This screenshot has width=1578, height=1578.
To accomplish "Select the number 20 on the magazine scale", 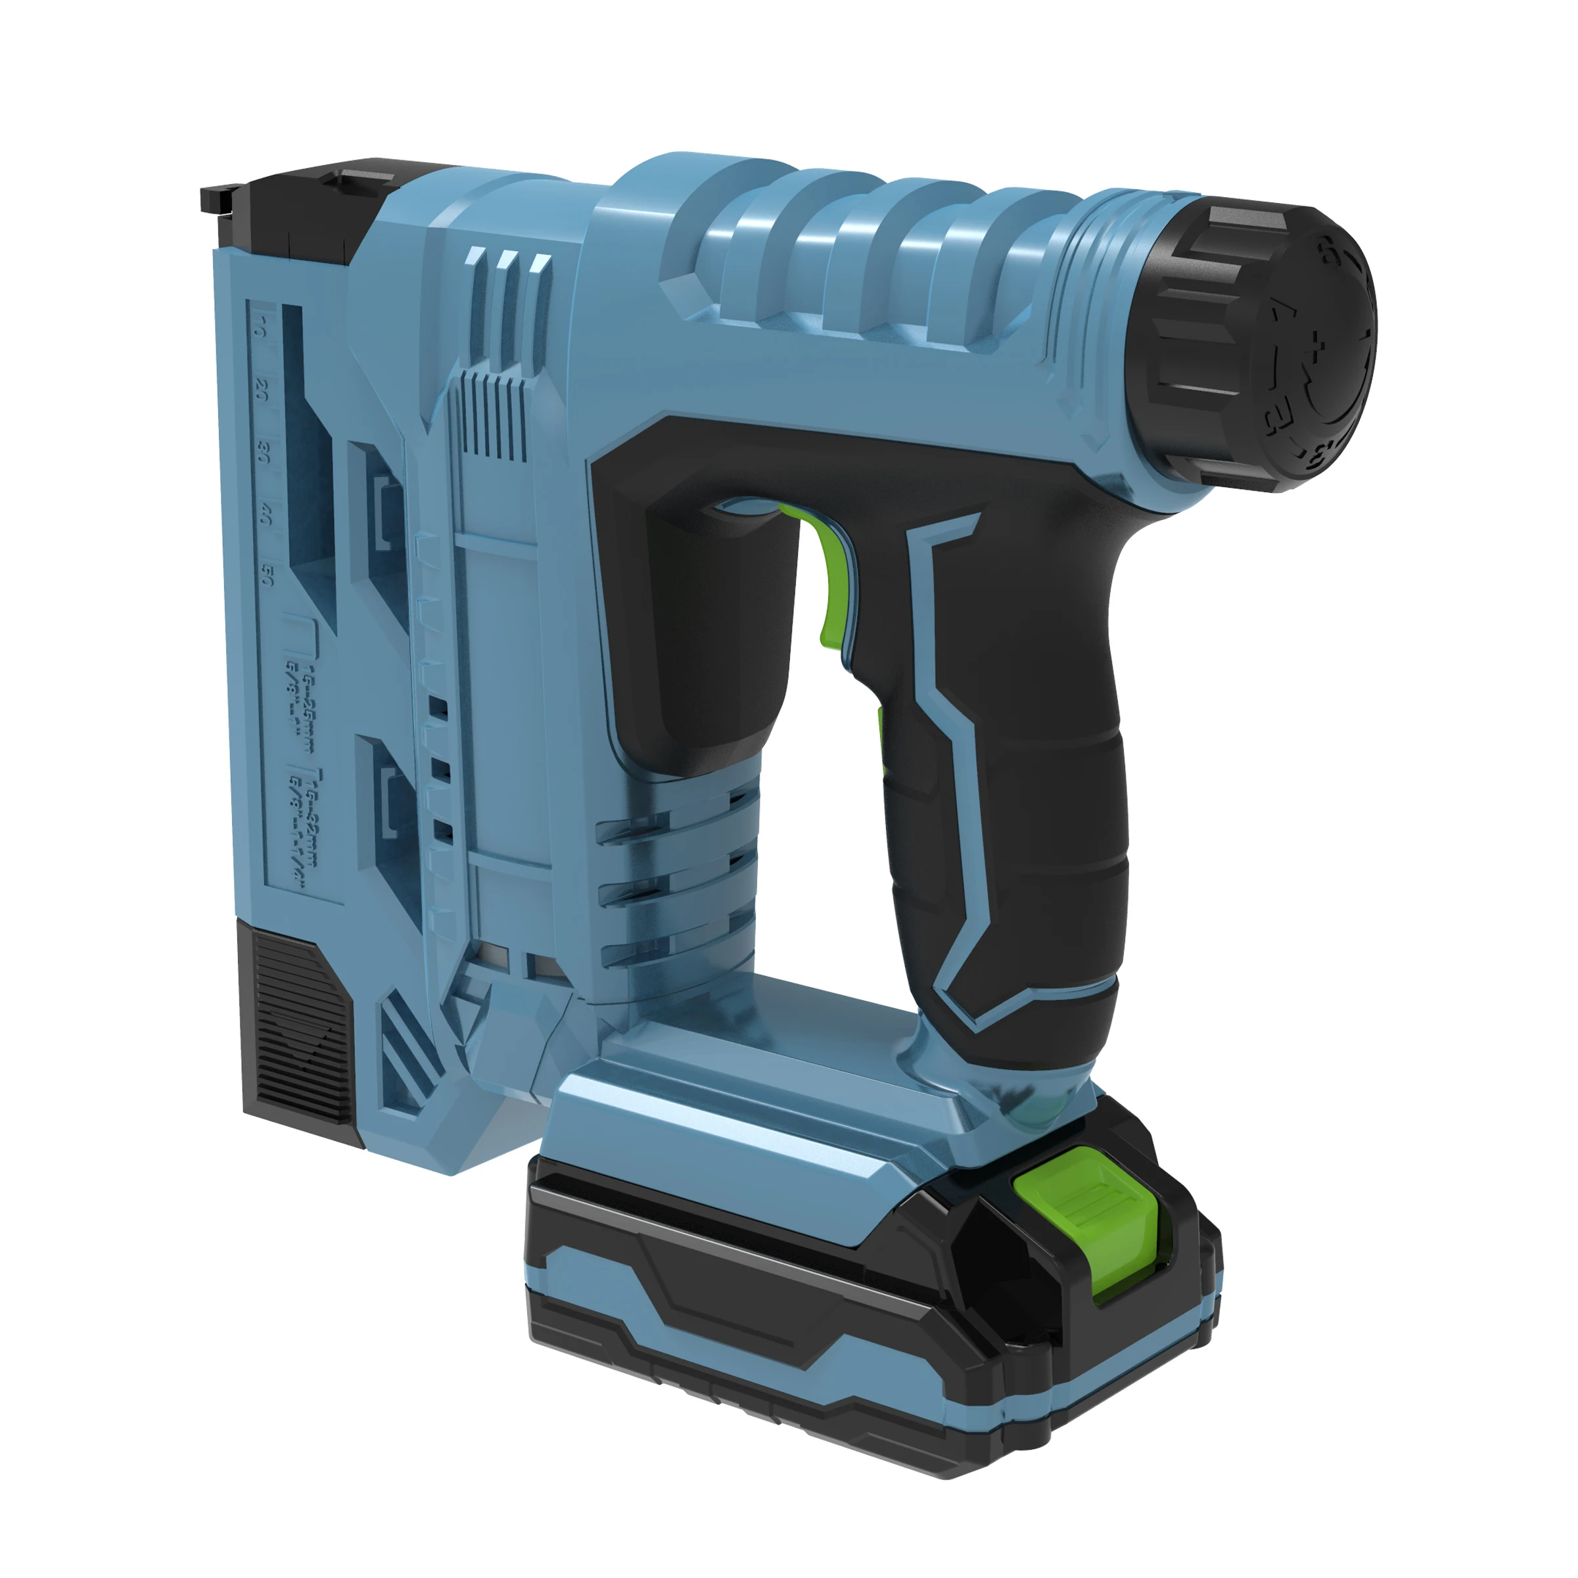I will (262, 390).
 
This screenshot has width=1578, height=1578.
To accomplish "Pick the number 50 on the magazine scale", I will (266, 576).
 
